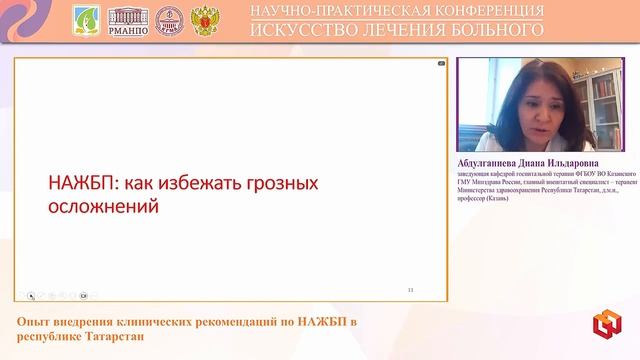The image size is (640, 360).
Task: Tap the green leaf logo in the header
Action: pyautogui.click(x=87, y=19)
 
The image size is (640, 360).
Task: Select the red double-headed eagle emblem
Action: pyautogui.click(x=203, y=19)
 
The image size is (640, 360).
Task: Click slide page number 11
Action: pyautogui.click(x=411, y=290)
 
